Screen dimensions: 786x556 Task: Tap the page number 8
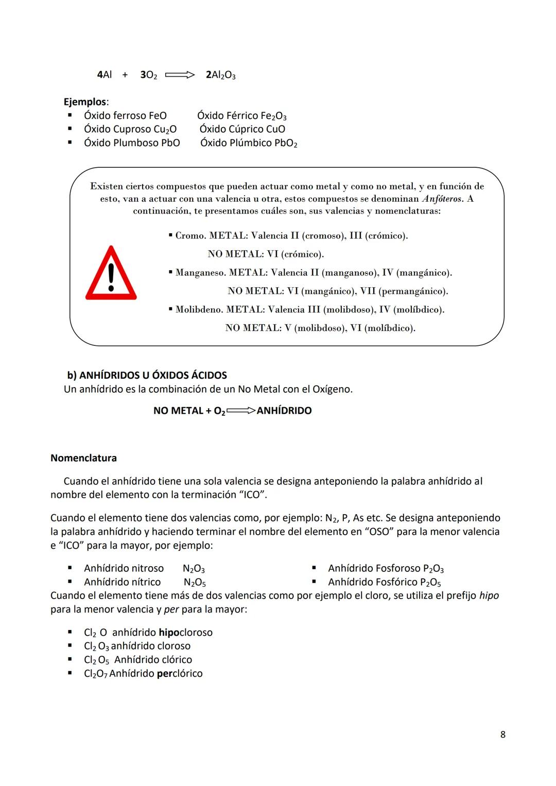502,735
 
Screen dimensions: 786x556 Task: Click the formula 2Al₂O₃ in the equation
220,75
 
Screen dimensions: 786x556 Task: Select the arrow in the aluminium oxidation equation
180,75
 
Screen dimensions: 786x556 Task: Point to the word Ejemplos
85,102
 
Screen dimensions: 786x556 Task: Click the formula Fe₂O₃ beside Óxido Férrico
273,116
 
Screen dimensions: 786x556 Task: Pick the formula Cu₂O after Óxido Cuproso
165,129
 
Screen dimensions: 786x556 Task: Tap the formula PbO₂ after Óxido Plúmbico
285,143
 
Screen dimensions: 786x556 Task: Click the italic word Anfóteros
442,199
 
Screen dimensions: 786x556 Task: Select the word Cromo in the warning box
190,236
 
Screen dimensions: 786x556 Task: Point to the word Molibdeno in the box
199,310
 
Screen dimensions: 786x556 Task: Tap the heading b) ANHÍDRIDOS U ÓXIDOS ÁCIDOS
147,375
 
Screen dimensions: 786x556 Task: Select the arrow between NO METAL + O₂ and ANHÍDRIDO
240,411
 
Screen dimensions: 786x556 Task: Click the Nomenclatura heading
83,458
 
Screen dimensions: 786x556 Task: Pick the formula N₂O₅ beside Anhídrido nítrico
195,583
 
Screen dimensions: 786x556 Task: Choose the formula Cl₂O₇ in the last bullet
95,674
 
